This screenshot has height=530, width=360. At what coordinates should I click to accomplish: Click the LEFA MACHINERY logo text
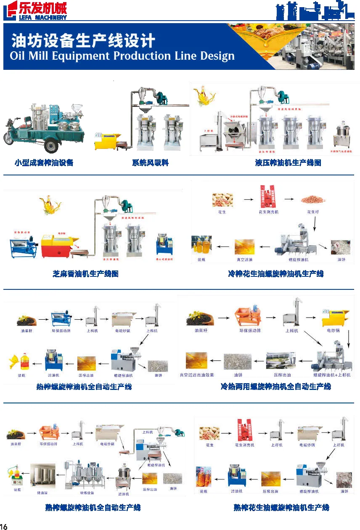click(x=42, y=17)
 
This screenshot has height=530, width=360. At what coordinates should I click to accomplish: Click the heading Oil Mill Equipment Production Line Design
click(x=122, y=56)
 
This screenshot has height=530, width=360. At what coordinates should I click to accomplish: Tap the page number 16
click(x=4, y=526)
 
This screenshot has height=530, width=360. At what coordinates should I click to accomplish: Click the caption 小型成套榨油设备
click(x=44, y=163)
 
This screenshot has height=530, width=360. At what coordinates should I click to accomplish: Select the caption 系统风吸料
click(x=151, y=163)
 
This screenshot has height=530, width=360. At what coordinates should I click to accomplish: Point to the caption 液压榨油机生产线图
click(x=288, y=163)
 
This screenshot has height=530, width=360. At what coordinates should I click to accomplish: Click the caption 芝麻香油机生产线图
click(x=85, y=274)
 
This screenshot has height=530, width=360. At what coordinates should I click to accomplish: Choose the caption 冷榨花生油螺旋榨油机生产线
click(x=275, y=274)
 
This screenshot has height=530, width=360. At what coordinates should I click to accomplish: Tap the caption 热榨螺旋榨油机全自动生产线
click(x=84, y=386)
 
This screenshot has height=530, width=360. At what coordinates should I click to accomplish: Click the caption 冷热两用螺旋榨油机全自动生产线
click(x=275, y=386)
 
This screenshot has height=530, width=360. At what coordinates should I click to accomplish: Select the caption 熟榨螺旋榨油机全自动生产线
click(x=93, y=508)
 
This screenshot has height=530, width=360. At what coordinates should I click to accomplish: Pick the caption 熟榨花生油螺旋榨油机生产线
click(x=281, y=508)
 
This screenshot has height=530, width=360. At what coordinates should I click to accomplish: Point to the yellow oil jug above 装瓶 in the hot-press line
click(x=24, y=362)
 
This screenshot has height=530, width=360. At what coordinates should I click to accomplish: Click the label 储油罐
click(x=42, y=490)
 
